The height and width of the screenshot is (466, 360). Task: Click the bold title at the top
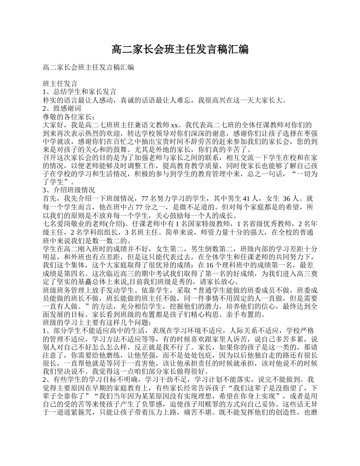pyautogui.click(x=180, y=49)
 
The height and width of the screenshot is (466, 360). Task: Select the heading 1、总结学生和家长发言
pyautogui.click(x=80, y=92)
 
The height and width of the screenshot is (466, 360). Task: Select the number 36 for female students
pyautogui.click(x=288, y=198)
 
